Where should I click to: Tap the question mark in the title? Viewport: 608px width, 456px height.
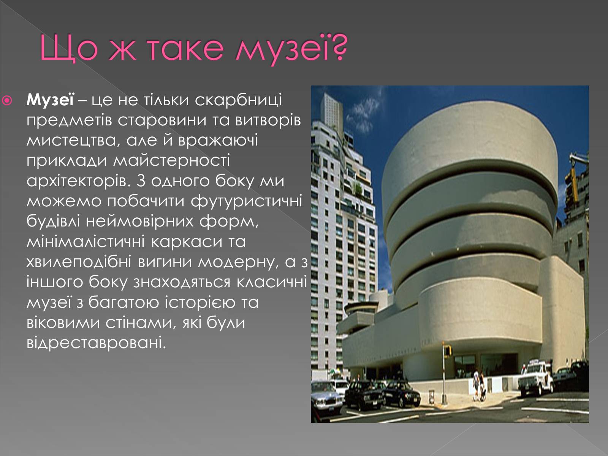point(339,47)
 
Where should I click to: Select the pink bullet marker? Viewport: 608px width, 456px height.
point(7,100)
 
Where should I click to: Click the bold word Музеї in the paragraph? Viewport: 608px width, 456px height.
point(50,100)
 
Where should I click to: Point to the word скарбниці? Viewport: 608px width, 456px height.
point(238,100)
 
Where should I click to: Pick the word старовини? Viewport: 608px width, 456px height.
point(162,121)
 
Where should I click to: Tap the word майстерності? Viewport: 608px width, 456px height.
point(172,161)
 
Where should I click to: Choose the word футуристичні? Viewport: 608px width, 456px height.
point(246,201)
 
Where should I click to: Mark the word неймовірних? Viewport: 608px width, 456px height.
point(139,222)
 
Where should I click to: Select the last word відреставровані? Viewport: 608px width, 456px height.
point(96,343)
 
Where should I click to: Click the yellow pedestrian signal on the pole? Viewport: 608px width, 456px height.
point(447,351)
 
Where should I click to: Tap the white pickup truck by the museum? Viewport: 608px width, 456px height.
point(535,378)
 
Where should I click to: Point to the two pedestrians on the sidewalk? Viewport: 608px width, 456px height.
point(479,385)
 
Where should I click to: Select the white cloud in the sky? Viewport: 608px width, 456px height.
point(363,114)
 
